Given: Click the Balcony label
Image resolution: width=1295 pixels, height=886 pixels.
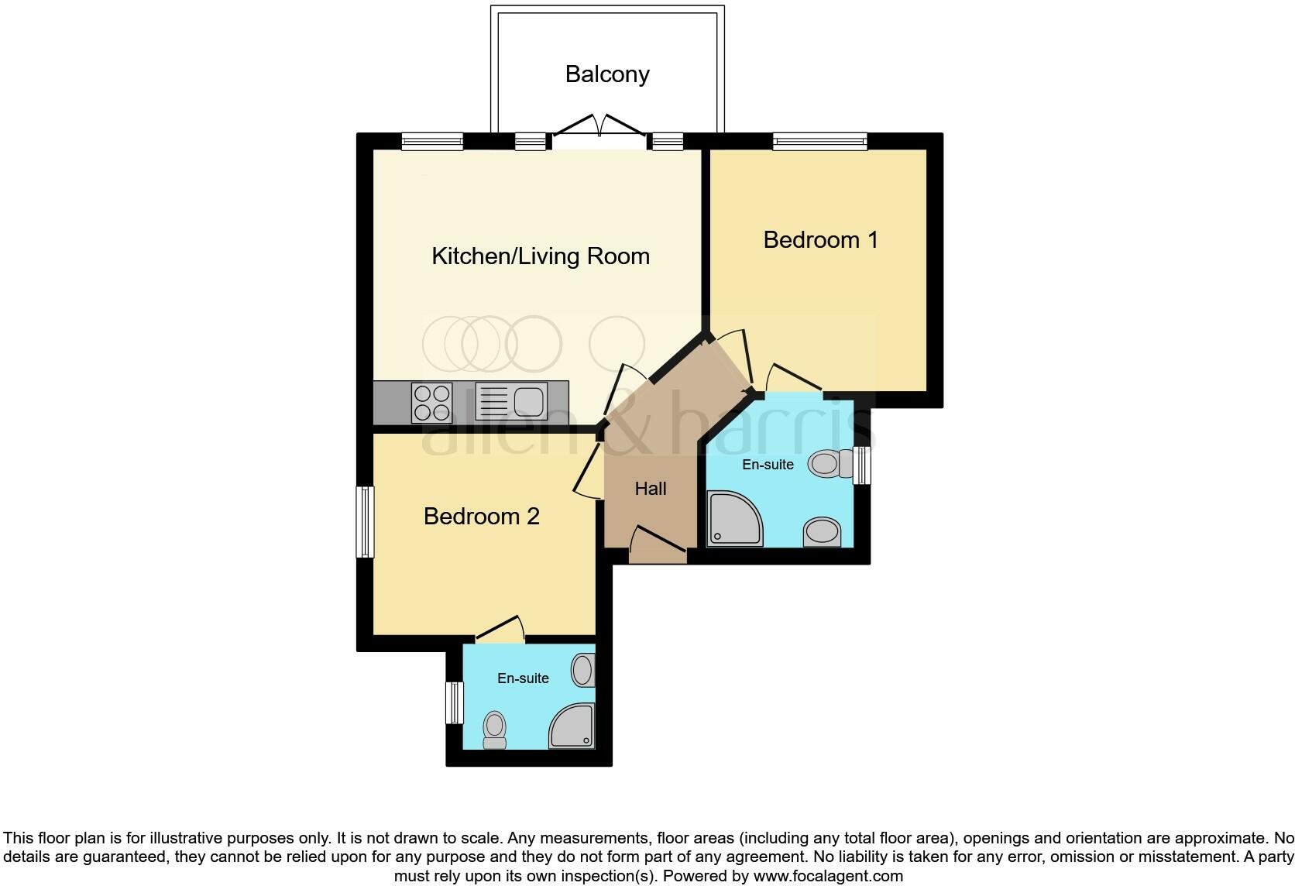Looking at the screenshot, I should [607, 74].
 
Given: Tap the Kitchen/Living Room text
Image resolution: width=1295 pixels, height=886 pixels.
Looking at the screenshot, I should [540, 256].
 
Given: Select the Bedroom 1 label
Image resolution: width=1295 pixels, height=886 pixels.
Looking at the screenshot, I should [820, 240].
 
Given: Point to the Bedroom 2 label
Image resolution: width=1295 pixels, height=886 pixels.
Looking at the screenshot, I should [481, 517].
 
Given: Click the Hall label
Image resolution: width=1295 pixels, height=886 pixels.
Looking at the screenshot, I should [650, 489].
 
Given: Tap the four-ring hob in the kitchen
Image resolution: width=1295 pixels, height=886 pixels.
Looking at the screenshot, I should [432, 403].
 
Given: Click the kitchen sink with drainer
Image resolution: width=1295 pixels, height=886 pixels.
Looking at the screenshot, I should [511, 401].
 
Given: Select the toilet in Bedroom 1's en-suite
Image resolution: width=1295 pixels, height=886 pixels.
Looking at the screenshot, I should [830, 464].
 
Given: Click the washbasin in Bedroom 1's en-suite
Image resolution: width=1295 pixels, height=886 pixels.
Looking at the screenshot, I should [822, 532].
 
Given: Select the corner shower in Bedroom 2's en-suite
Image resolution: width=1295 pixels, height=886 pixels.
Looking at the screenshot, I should [572, 727].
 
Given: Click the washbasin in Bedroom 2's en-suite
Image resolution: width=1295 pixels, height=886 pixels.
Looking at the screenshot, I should [582, 670].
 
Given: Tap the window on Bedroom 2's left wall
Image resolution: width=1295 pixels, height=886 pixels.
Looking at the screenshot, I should [365, 521].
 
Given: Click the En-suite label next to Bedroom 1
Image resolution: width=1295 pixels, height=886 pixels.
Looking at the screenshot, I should [768, 465].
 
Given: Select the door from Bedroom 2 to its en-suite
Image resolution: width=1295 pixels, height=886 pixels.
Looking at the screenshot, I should [500, 630].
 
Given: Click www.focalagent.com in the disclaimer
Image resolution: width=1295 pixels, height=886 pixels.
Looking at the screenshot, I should [828, 877].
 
